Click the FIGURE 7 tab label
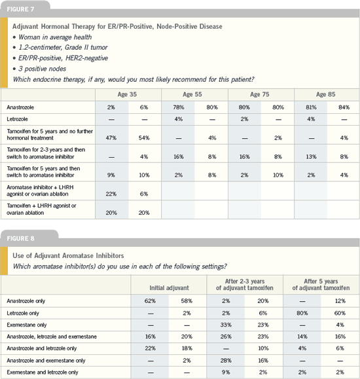click(x=20, y=9)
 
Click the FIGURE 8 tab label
click(x=20, y=238)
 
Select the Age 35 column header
click(x=127, y=94)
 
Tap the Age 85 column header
click(x=326, y=94)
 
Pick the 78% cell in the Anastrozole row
click(x=179, y=107)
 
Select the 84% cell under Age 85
click(x=344, y=107)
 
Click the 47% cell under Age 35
click(x=111, y=138)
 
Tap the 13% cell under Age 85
click(x=311, y=157)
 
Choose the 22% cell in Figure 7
click(x=111, y=194)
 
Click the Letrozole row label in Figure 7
click(x=17, y=119)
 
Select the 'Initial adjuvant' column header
click(x=169, y=288)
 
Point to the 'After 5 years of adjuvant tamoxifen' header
click(x=321, y=285)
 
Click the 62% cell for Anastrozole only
click(x=150, y=301)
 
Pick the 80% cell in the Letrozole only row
click(x=302, y=314)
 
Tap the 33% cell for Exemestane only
click(x=226, y=325)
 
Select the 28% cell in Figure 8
click(x=226, y=361)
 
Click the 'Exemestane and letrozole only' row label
click(x=43, y=372)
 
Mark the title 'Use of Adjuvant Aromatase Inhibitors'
click(x=68, y=256)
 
